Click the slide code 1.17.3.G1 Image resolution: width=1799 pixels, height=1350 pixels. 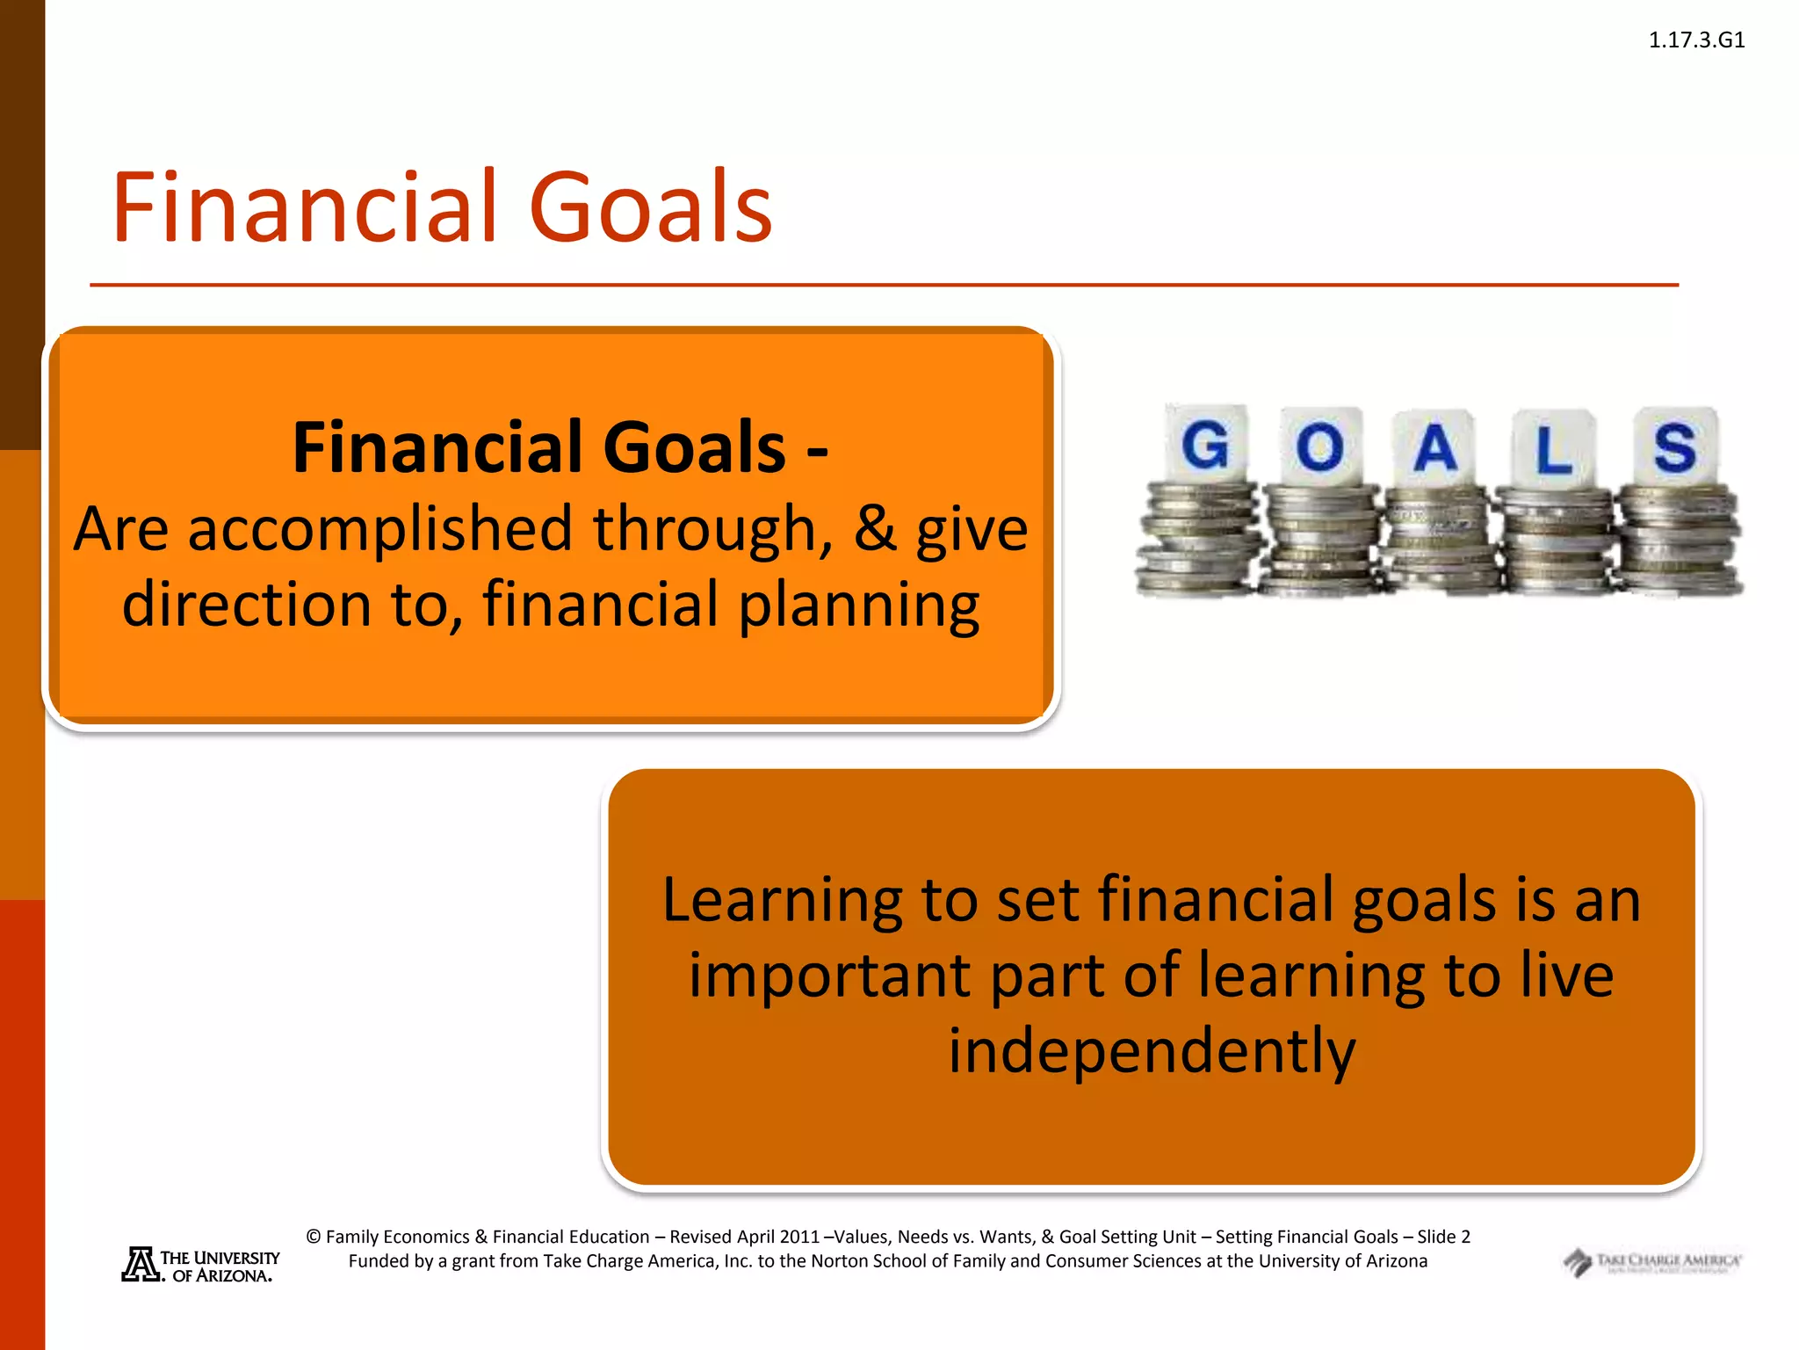1695,40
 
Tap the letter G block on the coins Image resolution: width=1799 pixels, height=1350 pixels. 1205,445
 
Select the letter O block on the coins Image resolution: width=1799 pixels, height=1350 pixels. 1319,446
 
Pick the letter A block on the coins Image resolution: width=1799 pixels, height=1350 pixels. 1435,448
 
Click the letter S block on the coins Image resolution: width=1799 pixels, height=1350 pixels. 1674,446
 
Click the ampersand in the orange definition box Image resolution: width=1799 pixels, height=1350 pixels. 875,529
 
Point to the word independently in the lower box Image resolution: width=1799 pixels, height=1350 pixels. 1152,1052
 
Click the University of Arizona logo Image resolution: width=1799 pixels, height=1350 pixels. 200,1266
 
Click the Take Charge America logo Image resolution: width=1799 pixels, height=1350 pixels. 1651,1263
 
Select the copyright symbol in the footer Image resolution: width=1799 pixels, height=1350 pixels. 314,1237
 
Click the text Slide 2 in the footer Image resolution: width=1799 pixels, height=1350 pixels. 1443,1237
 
